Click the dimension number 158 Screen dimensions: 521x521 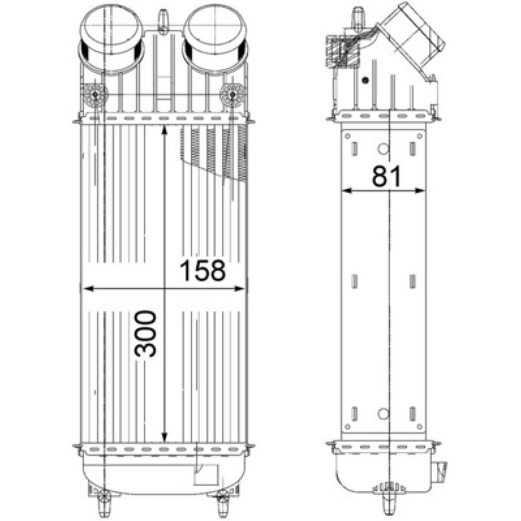pyautogui.click(x=202, y=271)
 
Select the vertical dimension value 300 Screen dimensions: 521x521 pyautogui.click(x=146, y=333)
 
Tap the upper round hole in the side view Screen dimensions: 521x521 pyautogui.click(x=384, y=148)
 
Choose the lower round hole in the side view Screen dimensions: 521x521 pyautogui.click(x=384, y=414)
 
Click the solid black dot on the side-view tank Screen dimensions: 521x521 pyautogui.click(x=366, y=80)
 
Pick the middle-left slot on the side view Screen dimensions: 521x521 pyautogui.click(x=356, y=281)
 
